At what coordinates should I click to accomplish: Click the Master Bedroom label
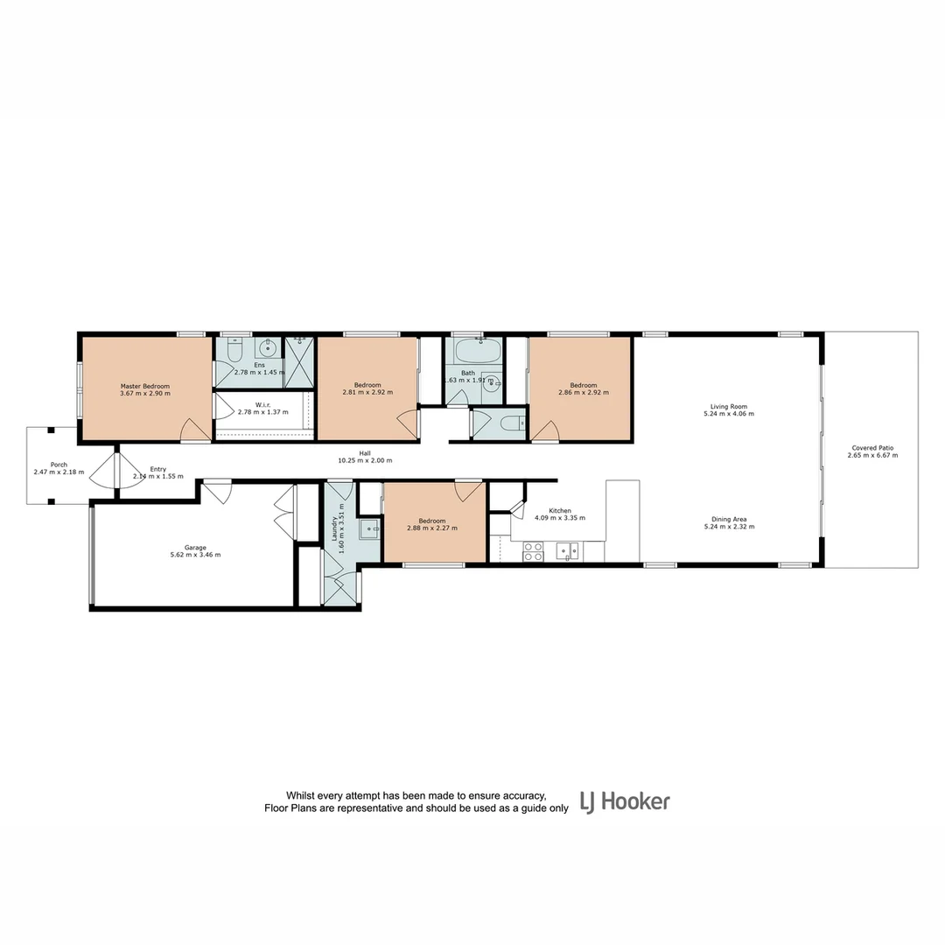coord(144,386)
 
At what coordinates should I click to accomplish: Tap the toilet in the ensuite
coord(234,350)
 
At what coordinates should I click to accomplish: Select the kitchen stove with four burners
coord(533,551)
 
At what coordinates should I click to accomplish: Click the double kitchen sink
coord(567,551)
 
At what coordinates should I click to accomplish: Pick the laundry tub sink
coord(369,528)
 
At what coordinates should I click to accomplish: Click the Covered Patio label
coord(871,448)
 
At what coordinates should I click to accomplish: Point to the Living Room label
coord(728,406)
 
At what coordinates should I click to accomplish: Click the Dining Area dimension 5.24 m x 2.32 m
coord(728,527)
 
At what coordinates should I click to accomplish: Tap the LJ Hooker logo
coord(625,801)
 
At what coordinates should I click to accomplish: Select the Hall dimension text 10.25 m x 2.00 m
coord(365,460)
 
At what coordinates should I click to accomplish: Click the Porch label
coord(58,465)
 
